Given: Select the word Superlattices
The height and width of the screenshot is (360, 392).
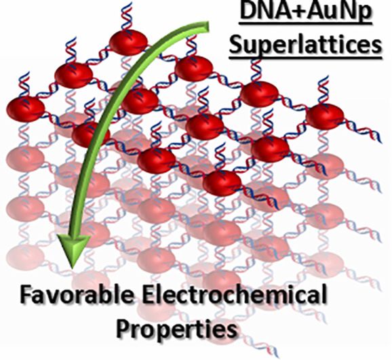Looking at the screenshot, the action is click(x=305, y=45).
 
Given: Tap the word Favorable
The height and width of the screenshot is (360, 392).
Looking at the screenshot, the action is click(x=77, y=294).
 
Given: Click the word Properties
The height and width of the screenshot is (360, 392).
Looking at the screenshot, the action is click(x=177, y=328).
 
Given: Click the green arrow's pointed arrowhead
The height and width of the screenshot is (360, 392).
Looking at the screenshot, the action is click(x=73, y=251).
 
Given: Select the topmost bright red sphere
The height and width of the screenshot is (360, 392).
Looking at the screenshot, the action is click(x=128, y=43).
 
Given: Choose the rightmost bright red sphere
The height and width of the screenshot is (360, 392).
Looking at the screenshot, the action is click(x=325, y=117).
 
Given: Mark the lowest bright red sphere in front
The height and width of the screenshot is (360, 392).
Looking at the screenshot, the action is click(x=222, y=183).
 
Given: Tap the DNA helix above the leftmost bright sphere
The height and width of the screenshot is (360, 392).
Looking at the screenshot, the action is click(x=24, y=85).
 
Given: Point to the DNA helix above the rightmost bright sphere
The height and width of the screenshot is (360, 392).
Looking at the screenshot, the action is click(x=324, y=90).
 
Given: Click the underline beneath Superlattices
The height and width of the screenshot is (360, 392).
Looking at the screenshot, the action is click(x=305, y=58).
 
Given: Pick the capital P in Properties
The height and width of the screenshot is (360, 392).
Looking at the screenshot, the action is click(x=123, y=327).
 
